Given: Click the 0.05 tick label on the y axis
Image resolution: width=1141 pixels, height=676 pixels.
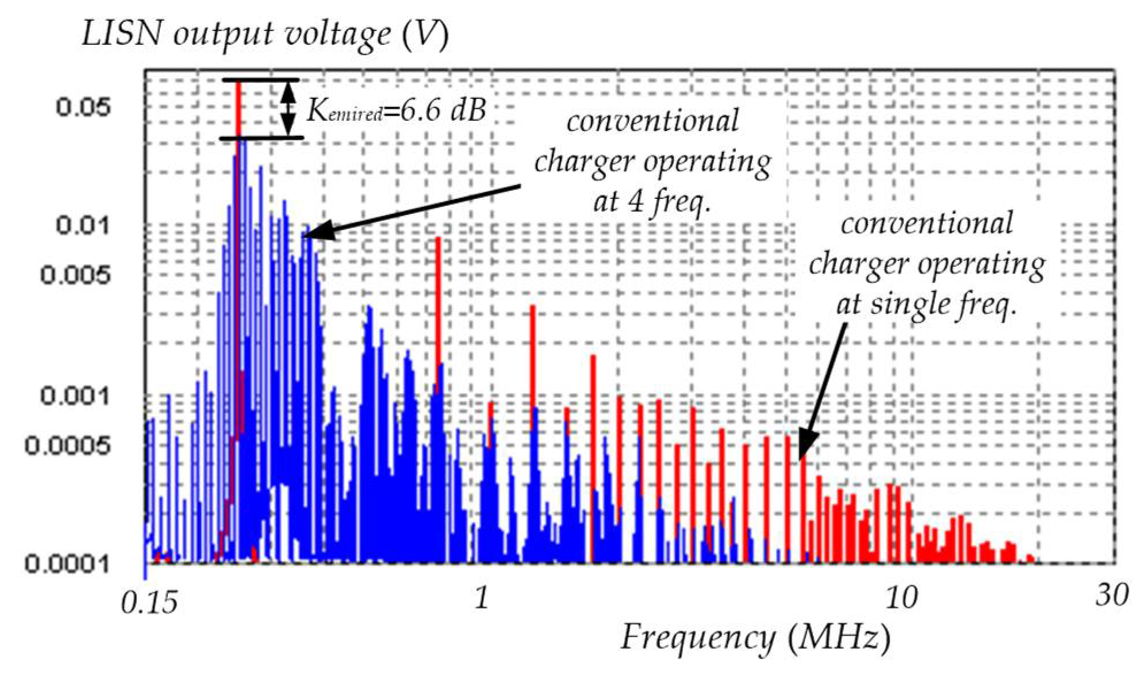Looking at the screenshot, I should click(82, 107).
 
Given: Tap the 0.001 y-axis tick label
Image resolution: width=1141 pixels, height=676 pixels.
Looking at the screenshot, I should click(75, 395).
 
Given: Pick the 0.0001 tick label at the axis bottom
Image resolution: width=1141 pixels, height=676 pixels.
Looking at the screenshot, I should click(67, 563).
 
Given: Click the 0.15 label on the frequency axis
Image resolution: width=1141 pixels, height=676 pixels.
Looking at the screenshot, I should click(149, 603).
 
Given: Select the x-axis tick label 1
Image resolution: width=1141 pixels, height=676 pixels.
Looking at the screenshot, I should click(482, 599).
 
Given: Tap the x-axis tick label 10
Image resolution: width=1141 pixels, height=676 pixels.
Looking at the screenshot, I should click(900, 599).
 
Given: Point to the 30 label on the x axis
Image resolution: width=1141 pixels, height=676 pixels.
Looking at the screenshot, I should click(1111, 596).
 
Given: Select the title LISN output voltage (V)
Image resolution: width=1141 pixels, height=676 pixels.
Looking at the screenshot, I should click(264, 34).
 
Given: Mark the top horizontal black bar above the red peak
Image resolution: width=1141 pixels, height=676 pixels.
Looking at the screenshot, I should click(261, 80).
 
